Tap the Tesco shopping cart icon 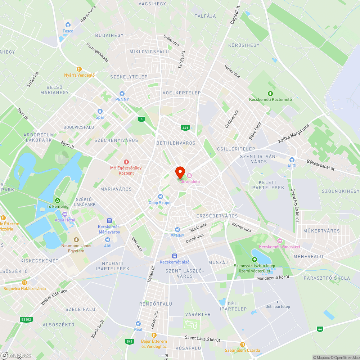pos(68,25)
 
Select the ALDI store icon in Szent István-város pos(292,159)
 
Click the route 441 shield pos(185,127)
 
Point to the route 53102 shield pos(26,319)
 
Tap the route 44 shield pos(320,329)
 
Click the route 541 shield pos(130,341)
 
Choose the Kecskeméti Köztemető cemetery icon pos(270,94)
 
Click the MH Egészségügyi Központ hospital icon pos(126,162)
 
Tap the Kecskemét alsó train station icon pos(175,256)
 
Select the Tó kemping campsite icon pos(57,201)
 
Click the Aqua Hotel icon pos(65,214)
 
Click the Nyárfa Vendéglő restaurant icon pos(79,69)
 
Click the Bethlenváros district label pos(176,143)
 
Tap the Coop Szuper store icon pos(161,197)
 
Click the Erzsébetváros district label pos(217,216)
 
